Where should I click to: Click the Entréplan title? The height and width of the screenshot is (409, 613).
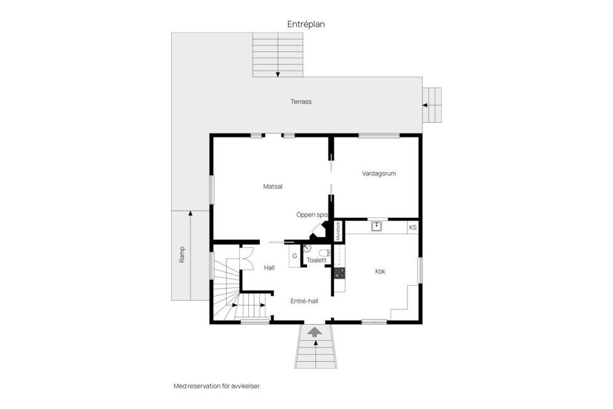pos(306,24)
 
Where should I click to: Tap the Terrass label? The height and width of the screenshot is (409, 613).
pos(301,102)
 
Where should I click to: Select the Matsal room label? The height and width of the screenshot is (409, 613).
pos(273,187)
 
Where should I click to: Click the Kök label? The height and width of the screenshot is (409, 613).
pos(380,272)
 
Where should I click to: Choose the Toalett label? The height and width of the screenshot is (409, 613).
pos(317,261)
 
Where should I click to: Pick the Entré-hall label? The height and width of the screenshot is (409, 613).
pos(304,301)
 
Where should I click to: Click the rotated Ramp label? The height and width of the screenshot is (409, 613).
pos(182,256)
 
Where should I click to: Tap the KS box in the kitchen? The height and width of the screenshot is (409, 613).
pos(412,228)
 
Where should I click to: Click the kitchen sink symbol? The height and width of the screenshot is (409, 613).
pos(377,226)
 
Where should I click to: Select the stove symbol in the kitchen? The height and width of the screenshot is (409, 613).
pos(339,273)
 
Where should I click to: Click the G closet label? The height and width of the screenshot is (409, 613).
pos(294,256)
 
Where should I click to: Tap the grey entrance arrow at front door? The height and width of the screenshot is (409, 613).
pos(314,331)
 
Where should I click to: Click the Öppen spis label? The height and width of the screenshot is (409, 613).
pos(312,215)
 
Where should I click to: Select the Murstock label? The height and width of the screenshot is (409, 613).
pos(338,230)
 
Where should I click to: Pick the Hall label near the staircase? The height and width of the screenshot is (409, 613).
pos(269,268)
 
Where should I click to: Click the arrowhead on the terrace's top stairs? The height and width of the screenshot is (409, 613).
pos(278,74)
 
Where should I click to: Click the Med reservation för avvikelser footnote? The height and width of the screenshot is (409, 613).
pos(217,386)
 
